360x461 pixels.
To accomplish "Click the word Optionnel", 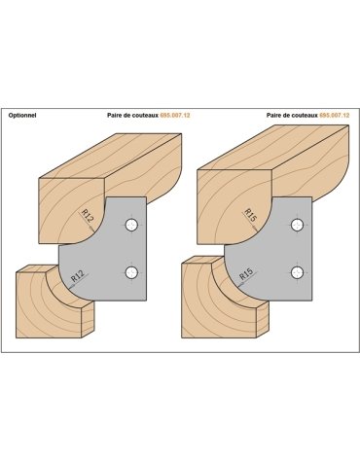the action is point(22,115).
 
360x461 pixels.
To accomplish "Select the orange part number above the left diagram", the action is point(175,115).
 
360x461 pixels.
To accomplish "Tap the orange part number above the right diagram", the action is point(335,115).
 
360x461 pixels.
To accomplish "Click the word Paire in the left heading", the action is point(114,115).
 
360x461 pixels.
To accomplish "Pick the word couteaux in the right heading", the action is point(306,115).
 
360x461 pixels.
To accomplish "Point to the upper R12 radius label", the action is point(87,216).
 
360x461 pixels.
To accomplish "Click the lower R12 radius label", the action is point(78,276).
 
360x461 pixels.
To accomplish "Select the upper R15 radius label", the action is point(250,215).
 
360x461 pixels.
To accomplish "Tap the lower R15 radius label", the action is point(246,275).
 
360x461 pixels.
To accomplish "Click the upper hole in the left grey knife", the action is point(131,225).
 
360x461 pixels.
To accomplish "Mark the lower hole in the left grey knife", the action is point(131,272).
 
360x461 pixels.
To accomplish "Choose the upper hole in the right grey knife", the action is point(297,225).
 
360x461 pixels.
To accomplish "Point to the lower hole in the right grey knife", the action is point(297,272).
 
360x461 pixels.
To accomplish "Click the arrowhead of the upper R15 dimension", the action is point(257,230).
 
